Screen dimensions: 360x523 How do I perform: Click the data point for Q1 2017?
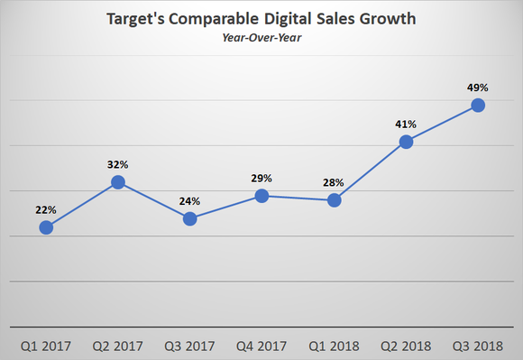coord(46,227)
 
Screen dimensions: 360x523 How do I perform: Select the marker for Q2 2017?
coord(118,182)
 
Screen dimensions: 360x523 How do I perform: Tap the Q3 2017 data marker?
coord(190,218)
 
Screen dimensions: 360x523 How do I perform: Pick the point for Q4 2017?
coord(262,196)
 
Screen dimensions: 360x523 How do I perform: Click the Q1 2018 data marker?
coord(335,200)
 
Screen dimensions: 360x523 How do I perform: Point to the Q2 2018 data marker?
coord(407,142)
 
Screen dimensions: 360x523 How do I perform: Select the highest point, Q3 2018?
coord(479,106)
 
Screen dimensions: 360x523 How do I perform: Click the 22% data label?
coord(46,209)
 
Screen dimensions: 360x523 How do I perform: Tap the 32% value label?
coord(118,164)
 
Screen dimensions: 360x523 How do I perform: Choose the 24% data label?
coord(190,200)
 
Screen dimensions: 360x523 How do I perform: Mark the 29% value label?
coord(262,178)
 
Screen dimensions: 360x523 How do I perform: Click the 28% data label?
coord(335,182)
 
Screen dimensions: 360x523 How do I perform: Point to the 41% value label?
coord(407,124)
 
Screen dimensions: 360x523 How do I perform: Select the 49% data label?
coord(479,88)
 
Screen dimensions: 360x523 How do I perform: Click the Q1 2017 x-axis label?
coord(46,345)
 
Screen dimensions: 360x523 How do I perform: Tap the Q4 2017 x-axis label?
coord(262,345)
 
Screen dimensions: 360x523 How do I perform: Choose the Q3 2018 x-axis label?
coord(479,345)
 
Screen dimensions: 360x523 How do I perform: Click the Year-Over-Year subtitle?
coord(261,37)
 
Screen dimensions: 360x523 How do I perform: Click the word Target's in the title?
coord(137,18)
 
